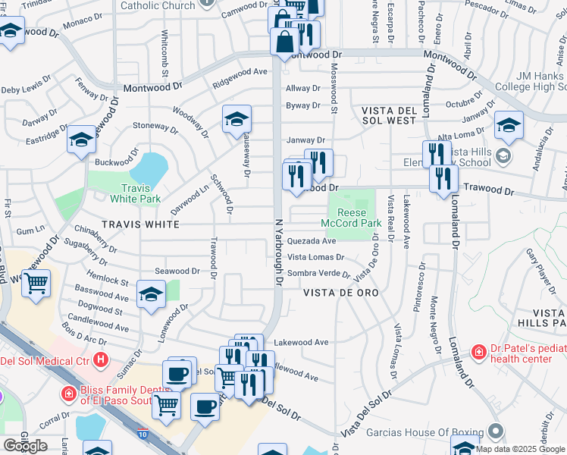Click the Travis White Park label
(140, 193)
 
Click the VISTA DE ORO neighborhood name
(340, 293)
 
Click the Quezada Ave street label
(311, 241)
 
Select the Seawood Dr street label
(177, 271)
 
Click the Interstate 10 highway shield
(143, 433)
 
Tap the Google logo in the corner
(25, 446)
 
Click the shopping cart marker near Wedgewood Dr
(35, 284)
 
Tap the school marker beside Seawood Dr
(151, 295)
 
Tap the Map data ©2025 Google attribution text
(520, 449)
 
